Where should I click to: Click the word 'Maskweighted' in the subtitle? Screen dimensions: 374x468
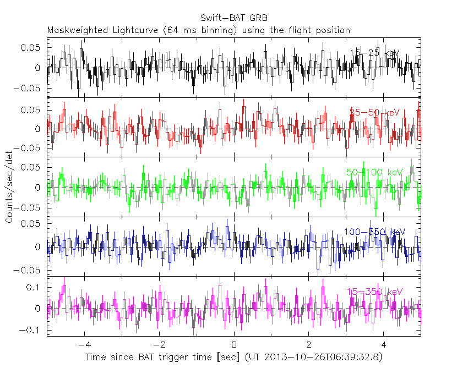coord(74,30)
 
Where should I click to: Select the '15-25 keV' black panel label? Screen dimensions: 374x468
coord(374,53)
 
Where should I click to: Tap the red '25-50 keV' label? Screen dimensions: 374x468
coord(374,113)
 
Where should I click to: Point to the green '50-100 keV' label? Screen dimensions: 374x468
coord(374,173)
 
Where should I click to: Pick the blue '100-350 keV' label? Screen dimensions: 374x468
coord(374,232)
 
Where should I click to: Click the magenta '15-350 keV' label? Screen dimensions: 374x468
coord(374,291)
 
